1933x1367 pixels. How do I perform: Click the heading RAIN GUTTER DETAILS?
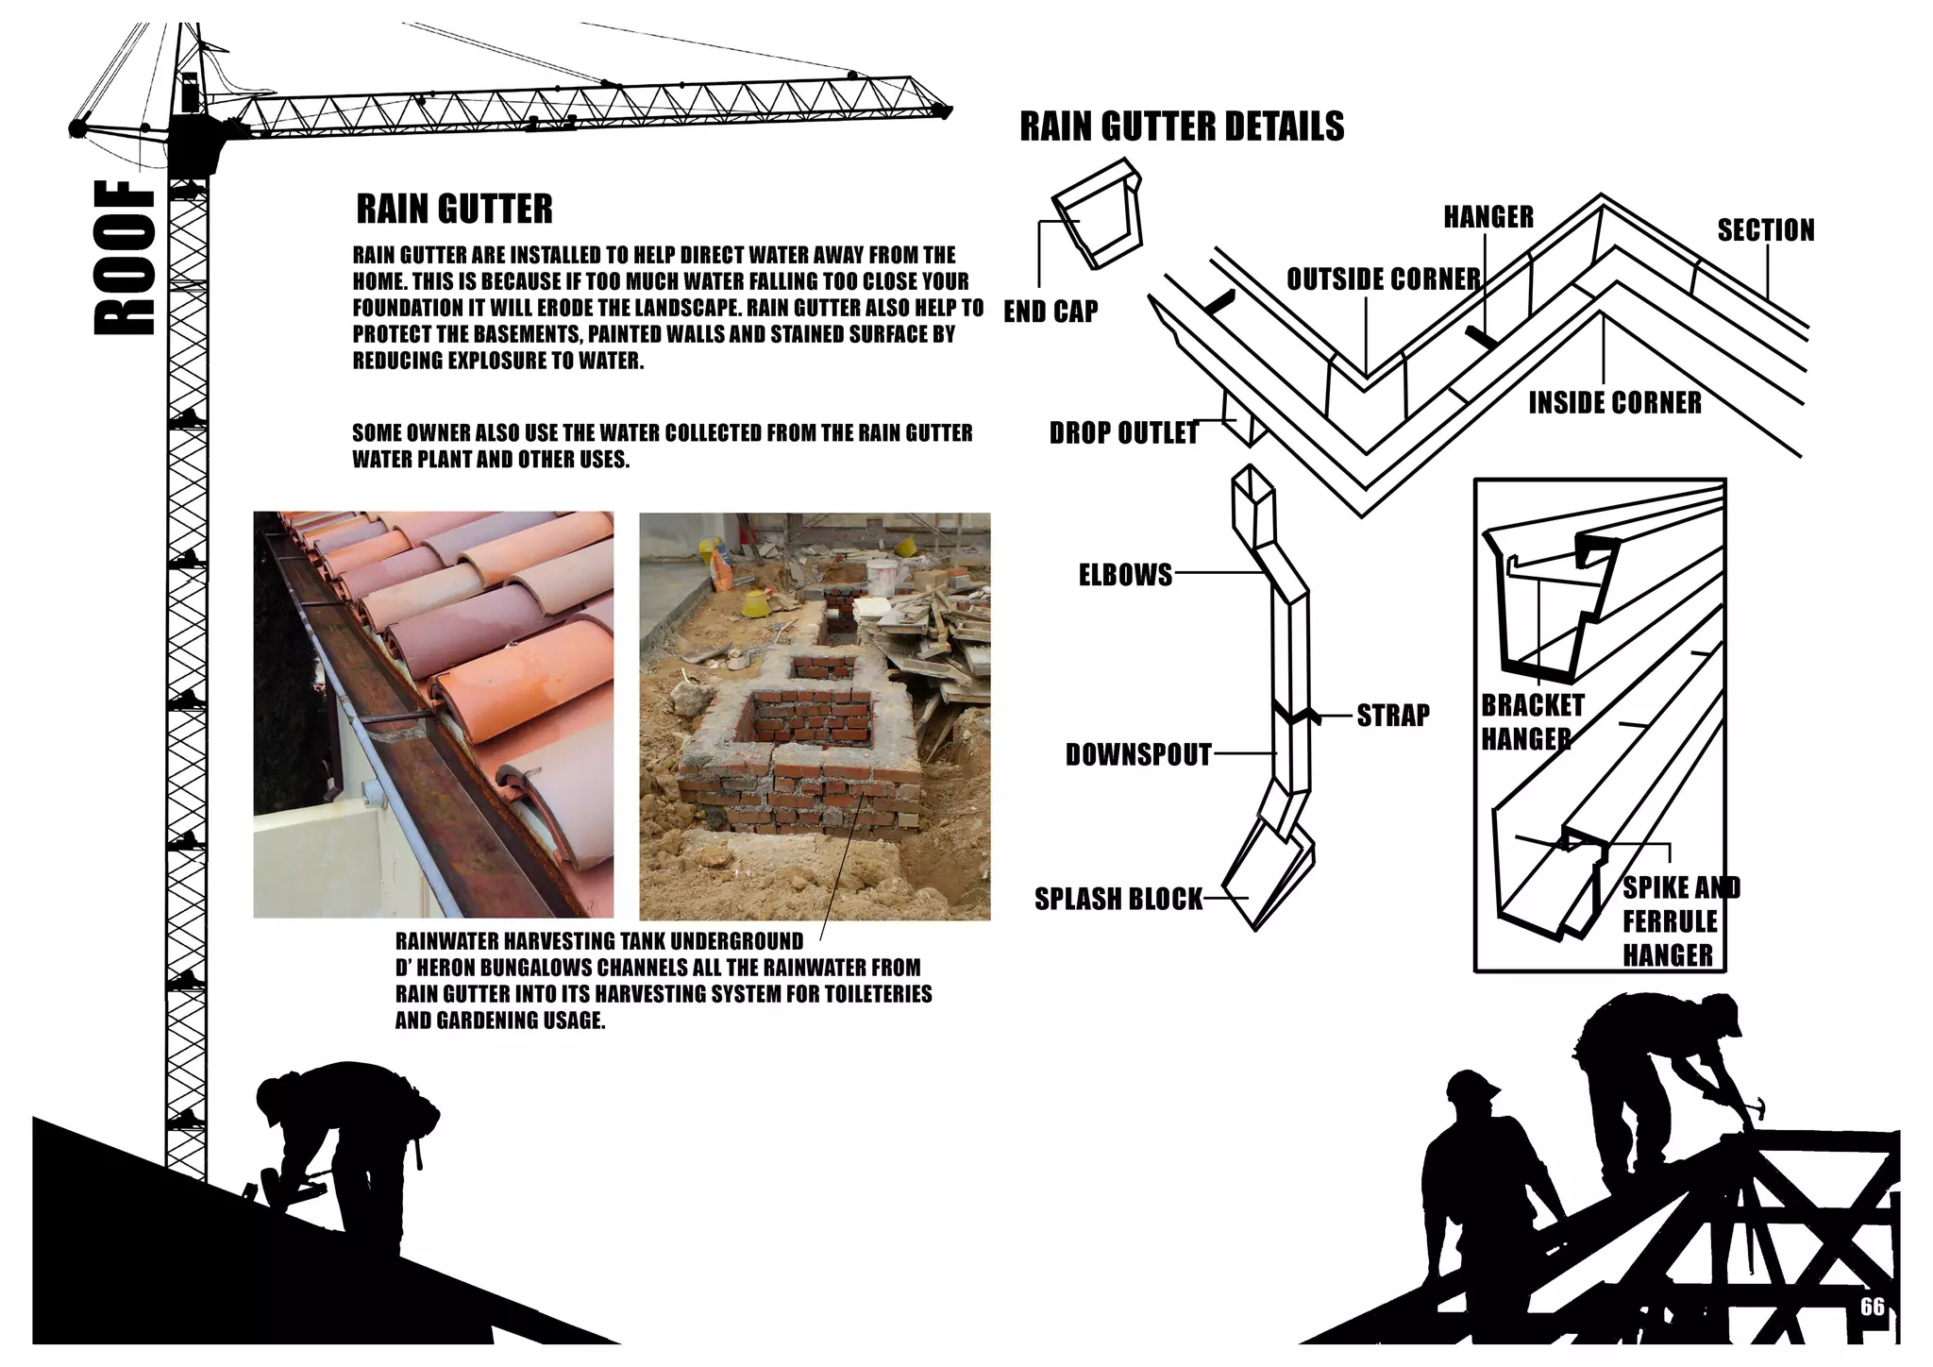coord(1182,127)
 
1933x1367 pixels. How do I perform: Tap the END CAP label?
coord(1051,312)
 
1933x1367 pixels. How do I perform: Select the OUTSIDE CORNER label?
coord(1384,279)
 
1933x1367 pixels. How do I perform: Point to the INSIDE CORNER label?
coord(1615,403)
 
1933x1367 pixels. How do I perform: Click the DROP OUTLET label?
coord(1123,433)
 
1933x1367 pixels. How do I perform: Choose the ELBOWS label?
coord(1125,575)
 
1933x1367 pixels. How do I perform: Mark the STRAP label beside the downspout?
coord(1392,716)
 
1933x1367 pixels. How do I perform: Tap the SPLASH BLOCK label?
coord(1118,899)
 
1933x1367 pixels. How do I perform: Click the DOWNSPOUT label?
coord(1138,754)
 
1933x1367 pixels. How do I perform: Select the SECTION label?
coord(1765,230)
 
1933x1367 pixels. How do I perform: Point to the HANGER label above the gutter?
coord(1488,217)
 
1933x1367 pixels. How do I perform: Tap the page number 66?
coord(1872,1307)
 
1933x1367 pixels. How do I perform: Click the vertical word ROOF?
coord(125,258)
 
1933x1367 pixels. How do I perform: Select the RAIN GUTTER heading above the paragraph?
coord(454,210)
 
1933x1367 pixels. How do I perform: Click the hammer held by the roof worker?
coord(1754,1106)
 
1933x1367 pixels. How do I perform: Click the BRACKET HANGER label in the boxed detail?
coord(1531,722)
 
